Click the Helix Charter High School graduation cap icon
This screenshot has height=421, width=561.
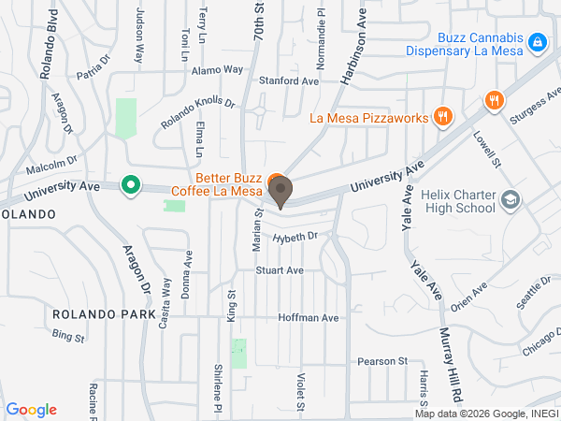click(511, 199)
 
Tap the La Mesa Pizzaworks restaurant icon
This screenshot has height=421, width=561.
click(443, 118)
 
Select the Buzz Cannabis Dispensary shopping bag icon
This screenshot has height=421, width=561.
click(537, 42)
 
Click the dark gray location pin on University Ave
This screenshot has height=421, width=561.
click(280, 191)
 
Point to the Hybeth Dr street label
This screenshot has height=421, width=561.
click(295, 239)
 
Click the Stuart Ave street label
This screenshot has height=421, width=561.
click(280, 270)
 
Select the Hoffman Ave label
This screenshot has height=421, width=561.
click(308, 318)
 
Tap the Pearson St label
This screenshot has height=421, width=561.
click(382, 361)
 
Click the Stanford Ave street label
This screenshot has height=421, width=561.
click(289, 81)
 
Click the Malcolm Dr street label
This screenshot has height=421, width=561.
click(50, 166)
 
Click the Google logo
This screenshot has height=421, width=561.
click(31, 410)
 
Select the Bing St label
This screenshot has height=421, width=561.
click(67, 334)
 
